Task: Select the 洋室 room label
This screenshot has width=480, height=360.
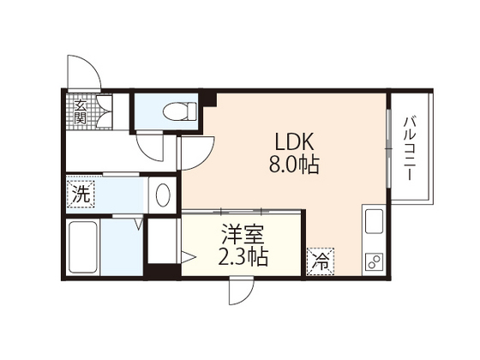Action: point(243,233)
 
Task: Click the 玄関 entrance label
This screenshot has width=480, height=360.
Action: point(79,111)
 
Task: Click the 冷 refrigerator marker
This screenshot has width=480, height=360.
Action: point(319,258)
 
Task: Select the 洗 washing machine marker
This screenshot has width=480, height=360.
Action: point(80,194)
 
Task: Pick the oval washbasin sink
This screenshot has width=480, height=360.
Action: point(164,193)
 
